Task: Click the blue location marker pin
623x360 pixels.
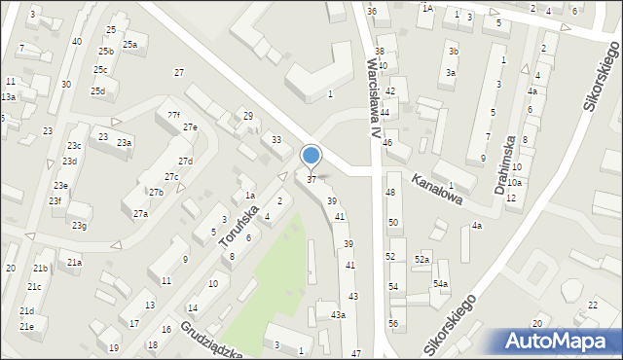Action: point(311,156)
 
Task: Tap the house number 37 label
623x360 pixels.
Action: point(311,179)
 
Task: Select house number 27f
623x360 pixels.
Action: point(173,115)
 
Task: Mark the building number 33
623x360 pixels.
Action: point(276,140)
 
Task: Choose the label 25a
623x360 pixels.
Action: point(129,44)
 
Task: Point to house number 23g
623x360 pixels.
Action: point(79,226)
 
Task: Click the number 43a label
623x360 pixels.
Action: point(337,314)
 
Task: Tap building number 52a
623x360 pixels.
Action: point(421,260)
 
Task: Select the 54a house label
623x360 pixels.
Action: point(441,283)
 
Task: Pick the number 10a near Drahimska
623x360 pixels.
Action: point(514,182)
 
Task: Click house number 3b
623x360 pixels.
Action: point(453,51)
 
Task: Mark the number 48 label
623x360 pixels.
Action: point(390,193)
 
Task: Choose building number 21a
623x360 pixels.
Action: point(74,262)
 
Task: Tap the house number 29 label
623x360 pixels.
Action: point(248,116)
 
